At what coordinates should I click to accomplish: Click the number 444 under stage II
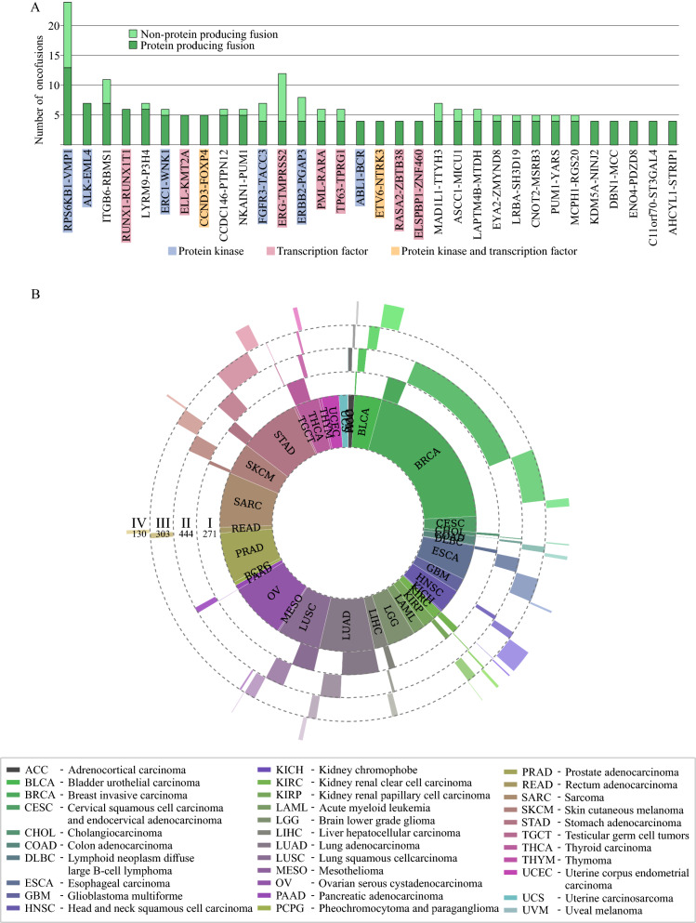click(186, 535)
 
